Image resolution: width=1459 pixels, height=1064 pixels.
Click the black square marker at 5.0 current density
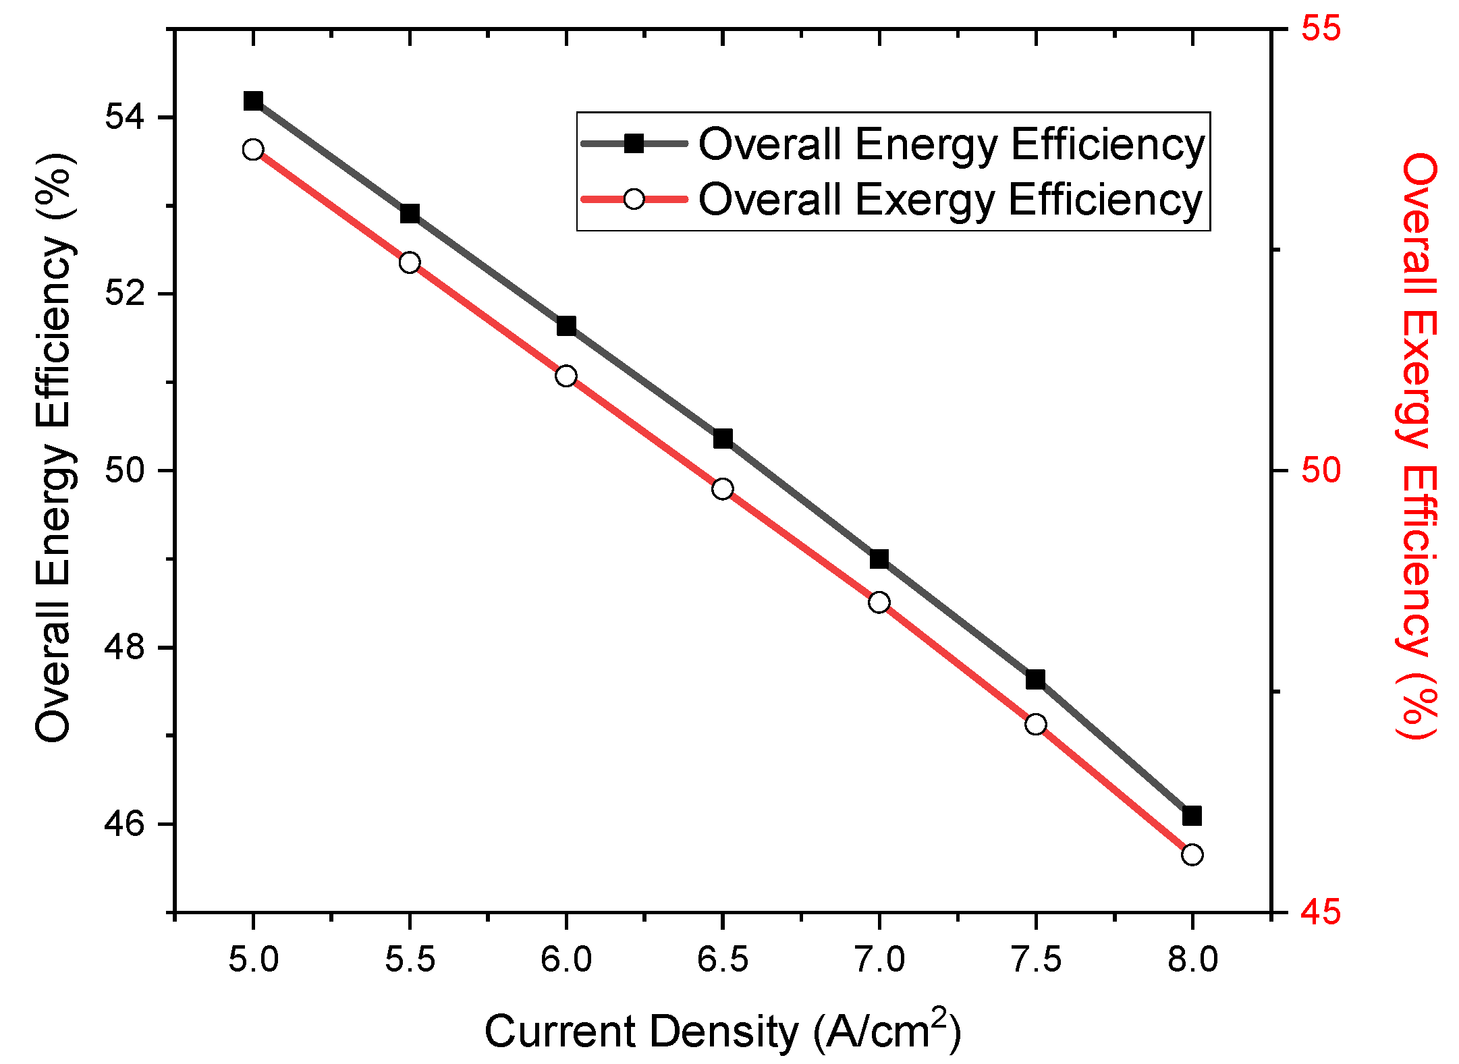click(253, 101)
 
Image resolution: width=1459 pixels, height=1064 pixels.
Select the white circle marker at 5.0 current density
click(253, 150)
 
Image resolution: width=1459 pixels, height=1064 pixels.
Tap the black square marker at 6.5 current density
click(723, 439)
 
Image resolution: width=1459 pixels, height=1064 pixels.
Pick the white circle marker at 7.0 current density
click(879, 602)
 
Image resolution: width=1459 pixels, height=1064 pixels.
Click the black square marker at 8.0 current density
click(1192, 816)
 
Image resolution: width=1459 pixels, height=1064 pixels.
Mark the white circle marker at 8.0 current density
click(1192, 855)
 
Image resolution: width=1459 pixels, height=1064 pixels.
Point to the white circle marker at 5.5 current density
click(410, 262)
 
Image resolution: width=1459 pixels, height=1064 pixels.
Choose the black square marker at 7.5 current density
click(1036, 679)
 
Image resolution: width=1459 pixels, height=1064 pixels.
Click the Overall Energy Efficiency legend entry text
click(952, 144)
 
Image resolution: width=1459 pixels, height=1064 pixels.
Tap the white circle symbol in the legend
click(634, 199)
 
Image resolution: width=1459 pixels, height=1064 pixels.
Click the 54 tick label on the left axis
click(126, 118)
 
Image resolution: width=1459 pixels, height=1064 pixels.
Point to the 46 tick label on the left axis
click(126, 824)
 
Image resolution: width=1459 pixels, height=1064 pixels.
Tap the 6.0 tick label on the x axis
click(566, 959)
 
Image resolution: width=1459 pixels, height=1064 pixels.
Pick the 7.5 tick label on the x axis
click(1036, 959)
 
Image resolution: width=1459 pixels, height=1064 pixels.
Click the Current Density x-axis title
click(722, 1030)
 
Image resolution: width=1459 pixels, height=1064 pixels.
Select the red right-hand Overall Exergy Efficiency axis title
click(1417, 445)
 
